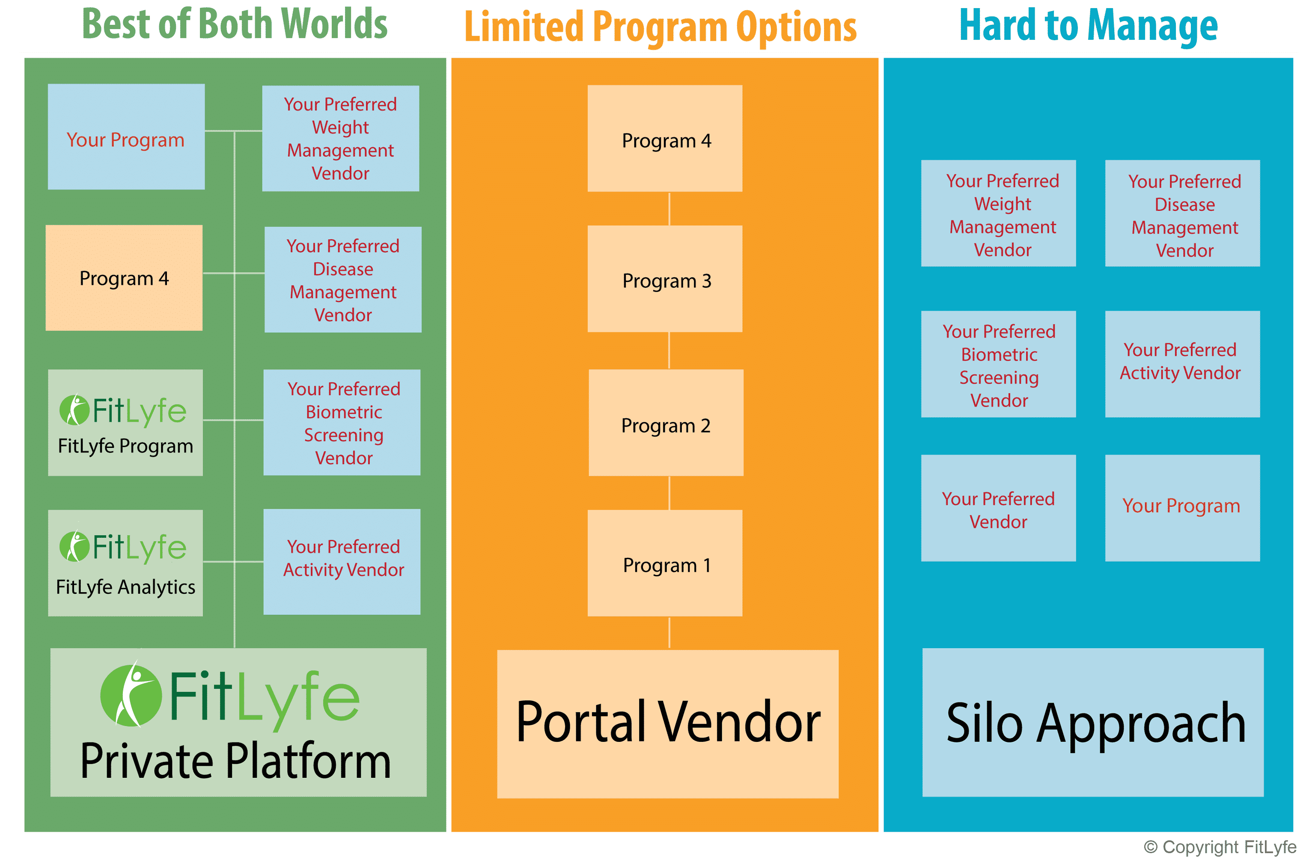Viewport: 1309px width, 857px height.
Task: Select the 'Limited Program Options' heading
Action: point(660,27)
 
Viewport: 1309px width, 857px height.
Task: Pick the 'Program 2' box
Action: point(666,423)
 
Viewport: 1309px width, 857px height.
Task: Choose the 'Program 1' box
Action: point(664,563)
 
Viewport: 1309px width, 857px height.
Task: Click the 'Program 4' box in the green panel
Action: point(124,278)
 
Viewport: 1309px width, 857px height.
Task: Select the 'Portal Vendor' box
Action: point(668,724)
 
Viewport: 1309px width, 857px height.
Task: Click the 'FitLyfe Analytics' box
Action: point(125,563)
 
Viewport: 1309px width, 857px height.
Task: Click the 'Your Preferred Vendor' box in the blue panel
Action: point(998,508)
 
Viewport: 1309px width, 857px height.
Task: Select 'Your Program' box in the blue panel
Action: point(1182,508)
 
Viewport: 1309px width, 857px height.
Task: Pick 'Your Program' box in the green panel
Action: point(126,137)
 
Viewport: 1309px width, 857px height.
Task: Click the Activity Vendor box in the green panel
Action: point(342,561)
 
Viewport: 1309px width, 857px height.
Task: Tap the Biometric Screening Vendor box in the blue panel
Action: point(998,364)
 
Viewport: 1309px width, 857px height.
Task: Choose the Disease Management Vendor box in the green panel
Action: point(342,279)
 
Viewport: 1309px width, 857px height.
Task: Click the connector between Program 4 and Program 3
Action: point(669,208)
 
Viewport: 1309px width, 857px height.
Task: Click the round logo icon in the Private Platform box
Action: point(131,695)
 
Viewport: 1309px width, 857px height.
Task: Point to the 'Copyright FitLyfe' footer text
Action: point(1220,847)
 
